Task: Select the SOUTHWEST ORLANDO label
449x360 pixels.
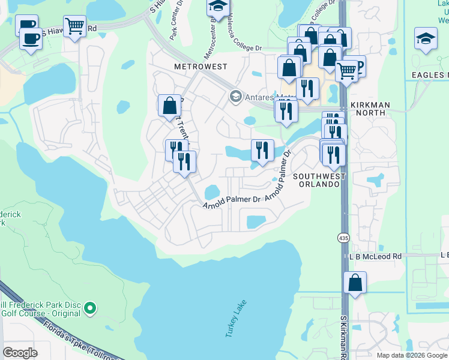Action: (319, 181)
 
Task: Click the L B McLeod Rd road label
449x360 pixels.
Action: (376, 256)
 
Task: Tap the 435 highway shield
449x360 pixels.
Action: (343, 238)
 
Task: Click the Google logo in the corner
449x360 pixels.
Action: (20, 353)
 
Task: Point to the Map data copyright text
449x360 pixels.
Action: (411, 355)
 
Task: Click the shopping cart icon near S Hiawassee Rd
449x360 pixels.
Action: (75, 26)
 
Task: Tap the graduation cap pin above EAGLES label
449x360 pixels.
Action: (426, 38)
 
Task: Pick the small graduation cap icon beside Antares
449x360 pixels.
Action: (235, 97)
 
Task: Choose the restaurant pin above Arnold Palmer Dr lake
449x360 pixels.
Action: (262, 150)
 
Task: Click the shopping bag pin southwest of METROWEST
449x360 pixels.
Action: (170, 106)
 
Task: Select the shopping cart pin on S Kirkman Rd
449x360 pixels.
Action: (346, 71)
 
